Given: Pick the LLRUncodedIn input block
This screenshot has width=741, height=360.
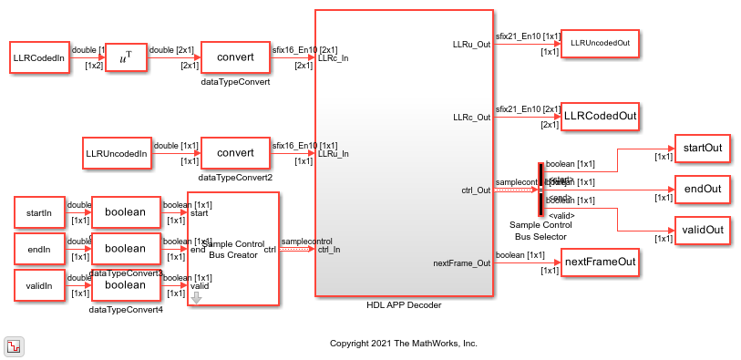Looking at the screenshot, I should pyautogui.click(x=116, y=153).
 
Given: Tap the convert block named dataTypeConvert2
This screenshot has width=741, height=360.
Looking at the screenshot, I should pyautogui.click(x=234, y=153).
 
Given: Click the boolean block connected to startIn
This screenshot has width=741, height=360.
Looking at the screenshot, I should pyautogui.click(x=126, y=212).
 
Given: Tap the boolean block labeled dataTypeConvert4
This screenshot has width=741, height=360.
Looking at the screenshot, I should pyautogui.click(x=126, y=284).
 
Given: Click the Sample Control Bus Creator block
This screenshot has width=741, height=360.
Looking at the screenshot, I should pyautogui.click(x=232, y=249).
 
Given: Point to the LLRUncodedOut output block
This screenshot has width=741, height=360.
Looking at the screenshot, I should pyautogui.click(x=598, y=43).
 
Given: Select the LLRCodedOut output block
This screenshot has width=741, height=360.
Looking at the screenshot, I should pyautogui.click(x=598, y=117).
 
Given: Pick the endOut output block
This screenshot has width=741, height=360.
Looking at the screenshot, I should pyautogui.click(x=700, y=190).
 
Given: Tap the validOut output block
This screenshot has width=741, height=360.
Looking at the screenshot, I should pyautogui.click(x=700, y=231).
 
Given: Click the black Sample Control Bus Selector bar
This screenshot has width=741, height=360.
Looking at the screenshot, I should pyautogui.click(x=540, y=190).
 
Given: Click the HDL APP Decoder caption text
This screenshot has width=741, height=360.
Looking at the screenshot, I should pyautogui.click(x=403, y=305).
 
